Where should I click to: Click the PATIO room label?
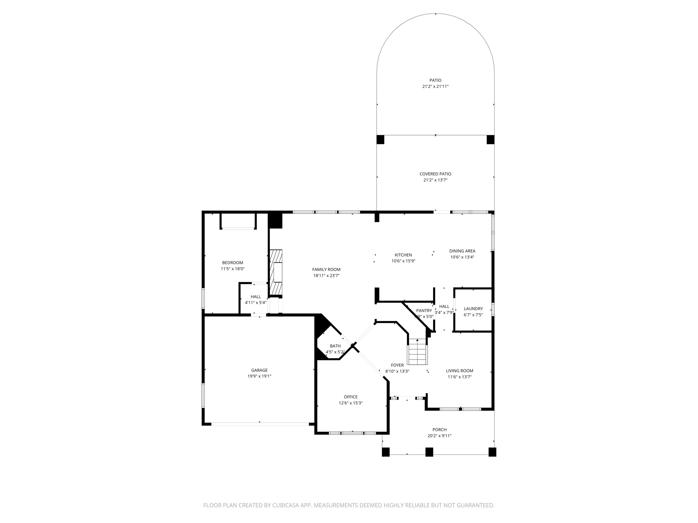click(435, 80)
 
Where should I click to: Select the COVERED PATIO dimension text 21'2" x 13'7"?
click(435, 180)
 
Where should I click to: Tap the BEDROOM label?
click(232, 263)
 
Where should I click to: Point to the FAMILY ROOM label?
click(326, 269)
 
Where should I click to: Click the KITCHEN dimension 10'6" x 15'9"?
click(403, 261)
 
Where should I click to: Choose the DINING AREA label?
click(462, 251)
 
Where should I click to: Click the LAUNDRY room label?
click(473, 309)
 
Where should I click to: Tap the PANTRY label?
click(424, 311)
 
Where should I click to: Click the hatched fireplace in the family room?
click(276, 272)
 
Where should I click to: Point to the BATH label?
click(335, 346)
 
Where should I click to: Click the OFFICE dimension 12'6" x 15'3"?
click(350, 403)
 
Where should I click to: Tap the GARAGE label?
click(259, 370)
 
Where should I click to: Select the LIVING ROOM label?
click(459, 371)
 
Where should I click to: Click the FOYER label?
click(397, 365)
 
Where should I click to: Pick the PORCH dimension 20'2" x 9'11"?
click(439, 436)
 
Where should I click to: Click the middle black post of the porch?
click(429, 452)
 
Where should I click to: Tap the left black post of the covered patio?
click(380, 140)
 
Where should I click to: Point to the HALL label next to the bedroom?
click(256, 297)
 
